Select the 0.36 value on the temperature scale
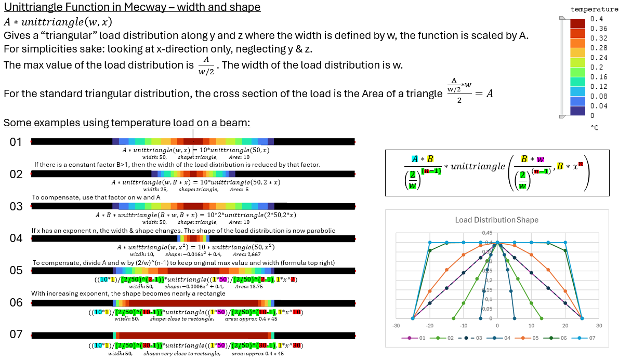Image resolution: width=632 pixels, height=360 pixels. coord(599,29)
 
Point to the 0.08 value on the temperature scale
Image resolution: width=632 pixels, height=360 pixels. coord(599,96)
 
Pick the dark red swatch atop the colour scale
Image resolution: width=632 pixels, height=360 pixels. coord(577,23)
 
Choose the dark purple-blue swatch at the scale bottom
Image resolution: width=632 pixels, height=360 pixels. coord(577,110)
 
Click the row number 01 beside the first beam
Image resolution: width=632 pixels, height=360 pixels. coord(16,142)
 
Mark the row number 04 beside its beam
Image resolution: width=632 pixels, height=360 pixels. coord(16,238)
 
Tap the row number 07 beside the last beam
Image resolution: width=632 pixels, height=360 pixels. coord(16,335)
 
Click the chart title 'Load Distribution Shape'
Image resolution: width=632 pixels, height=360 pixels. coord(496,220)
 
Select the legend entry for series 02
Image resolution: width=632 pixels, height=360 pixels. coord(446,338)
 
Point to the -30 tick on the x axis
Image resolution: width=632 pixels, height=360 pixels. coord(396,326)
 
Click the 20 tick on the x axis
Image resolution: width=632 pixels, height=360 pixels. coord(565,326)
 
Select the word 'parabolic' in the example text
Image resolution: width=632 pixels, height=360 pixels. coord(320,231)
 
